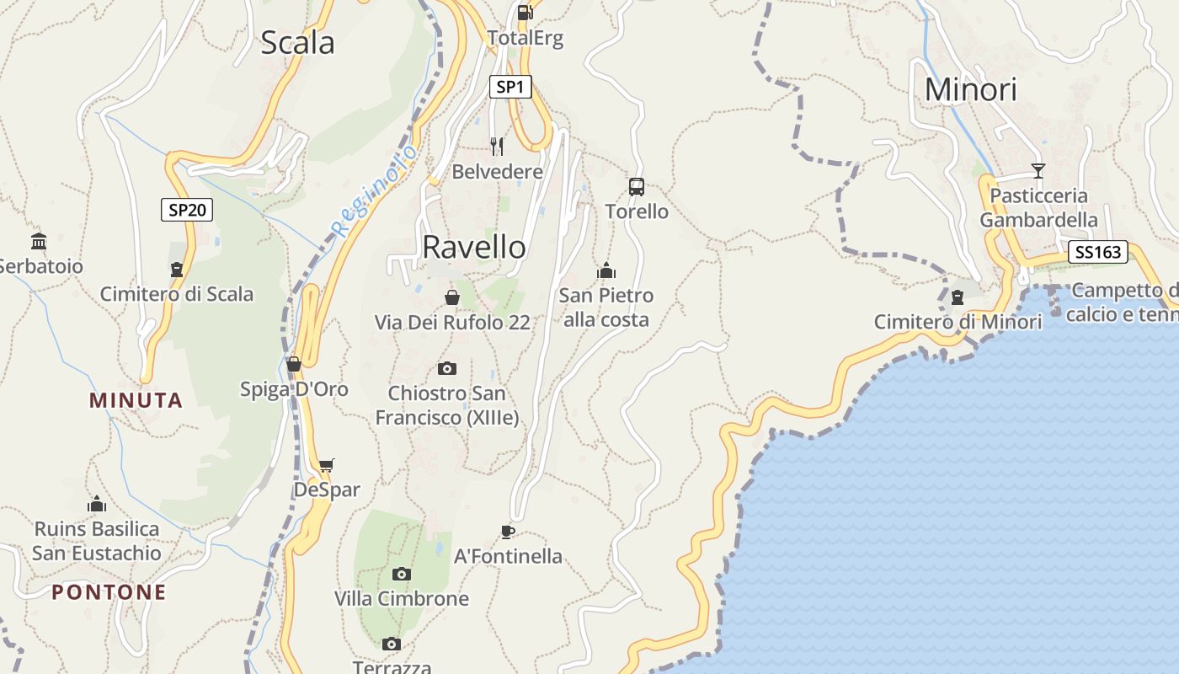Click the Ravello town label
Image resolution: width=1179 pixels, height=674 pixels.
click(x=474, y=247)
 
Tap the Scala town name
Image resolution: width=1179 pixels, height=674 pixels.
click(x=297, y=42)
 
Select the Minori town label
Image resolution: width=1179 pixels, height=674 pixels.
click(x=971, y=89)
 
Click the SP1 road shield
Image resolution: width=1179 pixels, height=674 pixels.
click(x=510, y=87)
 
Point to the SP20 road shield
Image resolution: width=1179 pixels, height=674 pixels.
click(x=187, y=210)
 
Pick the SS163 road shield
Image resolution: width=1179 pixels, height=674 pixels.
click(x=1097, y=252)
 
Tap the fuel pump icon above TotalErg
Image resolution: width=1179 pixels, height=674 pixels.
click(x=525, y=12)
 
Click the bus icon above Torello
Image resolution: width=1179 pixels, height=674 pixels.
click(x=637, y=186)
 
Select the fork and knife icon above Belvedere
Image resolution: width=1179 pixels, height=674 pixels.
click(x=497, y=147)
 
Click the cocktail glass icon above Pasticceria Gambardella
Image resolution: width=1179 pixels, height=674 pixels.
click(x=1038, y=171)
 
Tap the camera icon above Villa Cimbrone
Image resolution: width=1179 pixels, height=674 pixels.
click(x=402, y=574)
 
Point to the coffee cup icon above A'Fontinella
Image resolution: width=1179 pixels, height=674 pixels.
click(x=507, y=532)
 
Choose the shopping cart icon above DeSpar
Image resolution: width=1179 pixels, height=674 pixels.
click(x=327, y=465)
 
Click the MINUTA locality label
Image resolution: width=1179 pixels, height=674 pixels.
click(x=136, y=400)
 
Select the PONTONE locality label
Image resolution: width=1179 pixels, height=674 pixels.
click(x=109, y=592)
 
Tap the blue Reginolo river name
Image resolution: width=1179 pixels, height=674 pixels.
click(x=374, y=191)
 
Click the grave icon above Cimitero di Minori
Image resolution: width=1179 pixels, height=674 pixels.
click(x=957, y=297)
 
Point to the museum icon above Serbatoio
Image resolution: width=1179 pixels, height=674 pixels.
click(x=39, y=242)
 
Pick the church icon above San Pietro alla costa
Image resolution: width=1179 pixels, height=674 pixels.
click(x=606, y=270)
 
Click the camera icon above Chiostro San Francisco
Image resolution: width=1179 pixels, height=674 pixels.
click(x=447, y=368)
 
